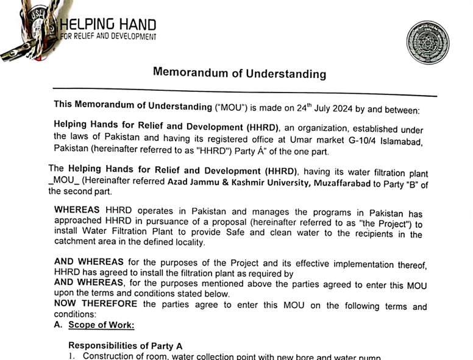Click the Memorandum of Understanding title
(239, 74)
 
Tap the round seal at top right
(427, 42)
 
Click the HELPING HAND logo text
(108, 24)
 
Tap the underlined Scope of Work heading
(101, 325)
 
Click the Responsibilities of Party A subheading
(125, 345)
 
